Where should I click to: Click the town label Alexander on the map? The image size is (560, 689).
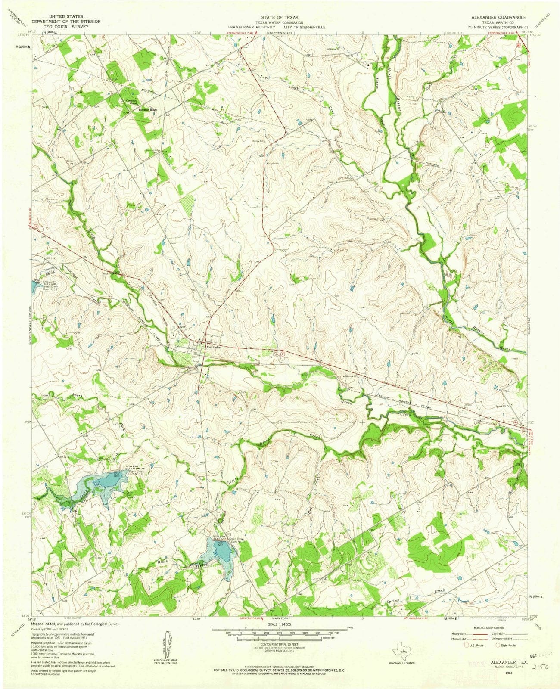coord(214,347)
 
